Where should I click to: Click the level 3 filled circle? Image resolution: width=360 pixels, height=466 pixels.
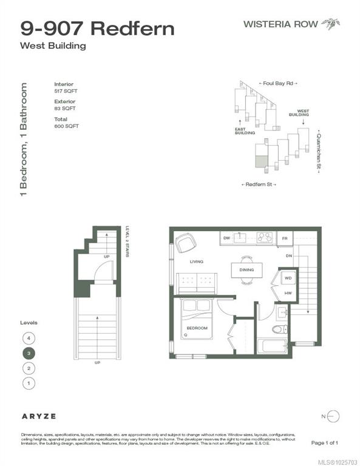pos(28,353)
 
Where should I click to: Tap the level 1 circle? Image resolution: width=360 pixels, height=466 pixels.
pos(28,383)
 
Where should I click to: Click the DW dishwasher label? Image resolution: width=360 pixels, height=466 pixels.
pos(226,238)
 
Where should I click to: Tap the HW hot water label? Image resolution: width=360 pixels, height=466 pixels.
pos(288,292)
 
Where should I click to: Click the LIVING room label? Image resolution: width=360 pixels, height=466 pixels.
pos(195,262)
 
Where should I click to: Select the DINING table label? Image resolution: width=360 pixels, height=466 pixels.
pos(246,270)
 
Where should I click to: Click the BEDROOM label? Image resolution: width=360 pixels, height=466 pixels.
pos(197,328)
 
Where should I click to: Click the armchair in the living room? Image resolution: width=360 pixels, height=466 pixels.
pos(185,243)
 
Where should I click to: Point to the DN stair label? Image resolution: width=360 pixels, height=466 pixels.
pos(290,255)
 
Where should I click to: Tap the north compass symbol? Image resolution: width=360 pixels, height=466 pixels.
pos(333,416)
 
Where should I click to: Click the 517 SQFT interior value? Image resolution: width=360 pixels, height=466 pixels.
pos(66,92)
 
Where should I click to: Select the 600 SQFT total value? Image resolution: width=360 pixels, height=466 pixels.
pos(66,126)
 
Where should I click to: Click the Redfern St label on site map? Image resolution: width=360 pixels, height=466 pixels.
pos(259,184)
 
